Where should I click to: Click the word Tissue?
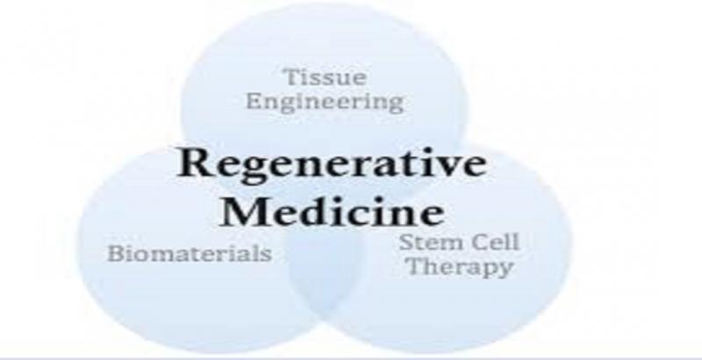326,77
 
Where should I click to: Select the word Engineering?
325,102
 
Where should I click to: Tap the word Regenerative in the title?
332,165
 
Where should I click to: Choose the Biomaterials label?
190,254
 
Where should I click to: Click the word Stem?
431,242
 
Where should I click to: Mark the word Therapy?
460,268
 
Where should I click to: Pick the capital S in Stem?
405,242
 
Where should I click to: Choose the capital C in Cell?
478,242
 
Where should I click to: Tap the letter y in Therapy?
505,271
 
